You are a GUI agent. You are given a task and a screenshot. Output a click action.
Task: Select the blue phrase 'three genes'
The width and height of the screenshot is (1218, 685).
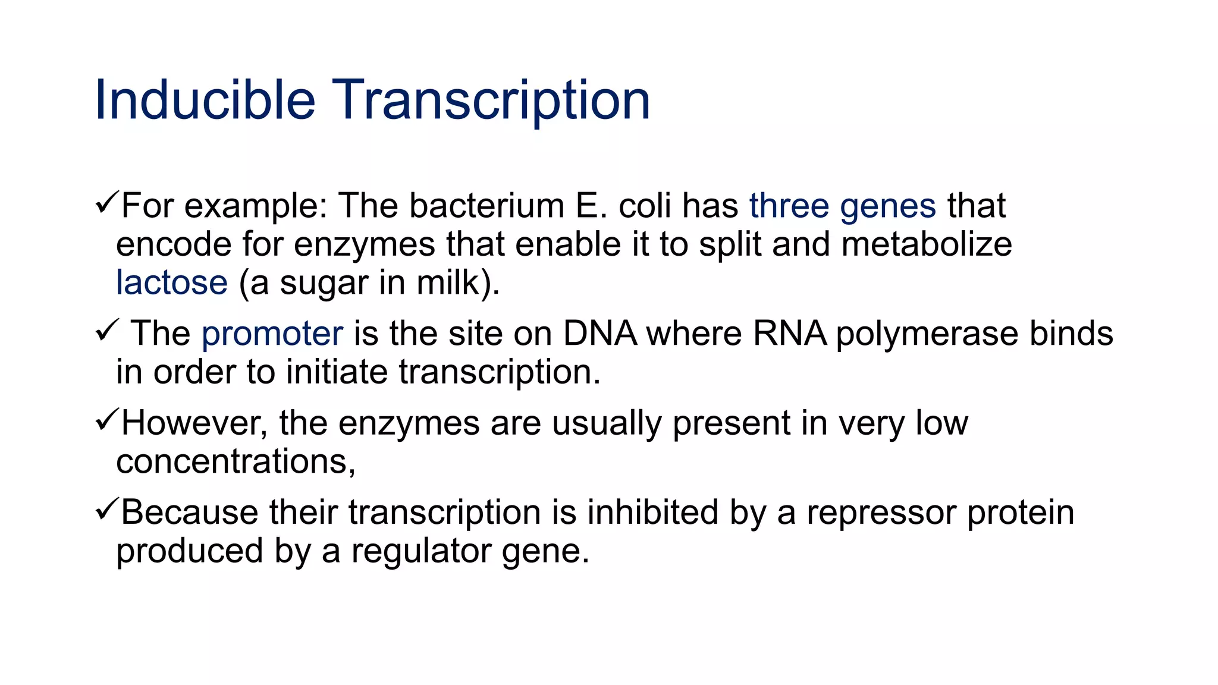(x=842, y=206)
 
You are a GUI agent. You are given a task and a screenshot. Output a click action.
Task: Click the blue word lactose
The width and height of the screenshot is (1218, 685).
(x=172, y=282)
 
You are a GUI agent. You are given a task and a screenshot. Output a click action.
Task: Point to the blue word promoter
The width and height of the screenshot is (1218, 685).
(x=272, y=334)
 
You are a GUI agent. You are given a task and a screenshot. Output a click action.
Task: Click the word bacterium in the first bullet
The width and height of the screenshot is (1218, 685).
(x=486, y=206)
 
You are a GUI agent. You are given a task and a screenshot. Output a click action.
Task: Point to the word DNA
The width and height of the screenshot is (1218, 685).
(x=599, y=334)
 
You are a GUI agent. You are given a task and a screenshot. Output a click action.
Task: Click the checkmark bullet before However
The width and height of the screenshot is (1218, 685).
(x=106, y=420)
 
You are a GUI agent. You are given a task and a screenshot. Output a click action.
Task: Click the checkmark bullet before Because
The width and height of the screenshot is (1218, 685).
(x=106, y=509)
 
